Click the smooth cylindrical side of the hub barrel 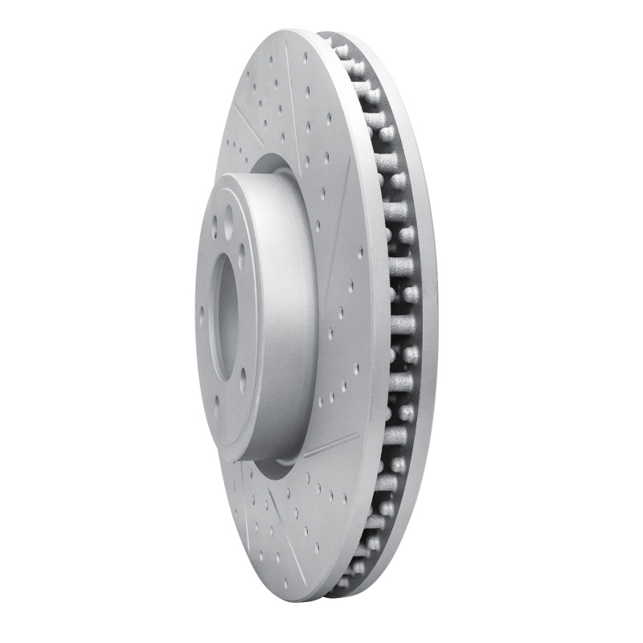[273, 321]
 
